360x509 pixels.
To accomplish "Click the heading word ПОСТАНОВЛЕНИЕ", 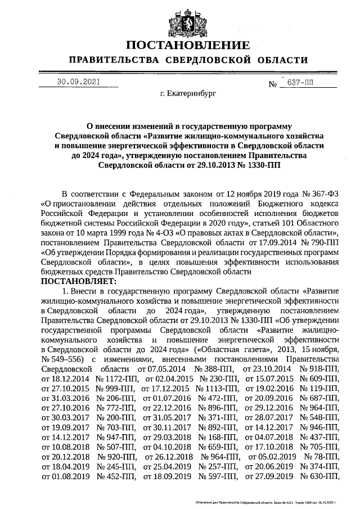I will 187,45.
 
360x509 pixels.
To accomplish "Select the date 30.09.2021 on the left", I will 78,82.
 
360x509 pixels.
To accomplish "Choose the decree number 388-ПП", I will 213,368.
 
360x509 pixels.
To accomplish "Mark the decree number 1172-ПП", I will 116,379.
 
